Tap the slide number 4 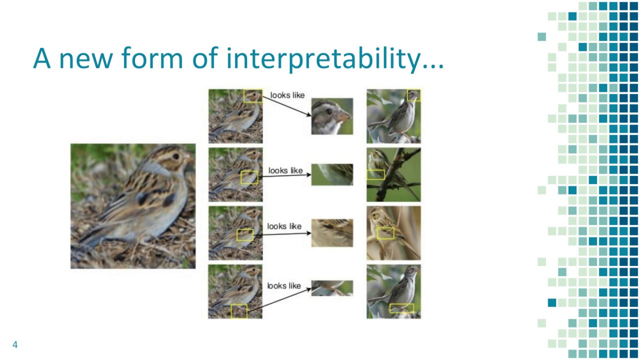15,344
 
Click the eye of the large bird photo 176,156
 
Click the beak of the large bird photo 190,159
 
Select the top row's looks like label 287,95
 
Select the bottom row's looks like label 284,285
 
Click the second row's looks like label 285,170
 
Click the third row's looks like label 284,226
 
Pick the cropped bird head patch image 332,116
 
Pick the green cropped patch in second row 332,174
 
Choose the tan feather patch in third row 332,232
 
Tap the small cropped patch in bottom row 332,287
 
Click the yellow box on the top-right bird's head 413,95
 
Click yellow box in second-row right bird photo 375,174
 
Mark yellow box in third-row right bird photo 385,233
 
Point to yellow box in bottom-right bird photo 401,308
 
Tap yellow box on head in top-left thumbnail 252,96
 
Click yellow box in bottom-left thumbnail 239,311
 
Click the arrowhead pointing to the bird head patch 308,115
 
